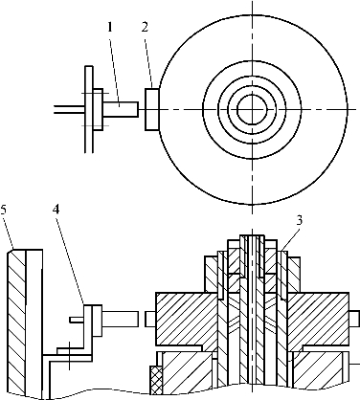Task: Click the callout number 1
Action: pyautogui.click(x=110, y=28)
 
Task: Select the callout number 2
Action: pyautogui.click(x=145, y=28)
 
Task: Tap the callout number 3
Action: pyautogui.click(x=299, y=221)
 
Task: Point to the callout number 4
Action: pyautogui.click(x=56, y=210)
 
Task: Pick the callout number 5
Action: pyautogui.click(x=4, y=210)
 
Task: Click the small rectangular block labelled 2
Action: pyautogui.click(x=152, y=109)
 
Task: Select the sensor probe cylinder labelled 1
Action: pyautogui.click(x=121, y=109)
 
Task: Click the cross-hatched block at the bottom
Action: pyautogui.click(x=156, y=380)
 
